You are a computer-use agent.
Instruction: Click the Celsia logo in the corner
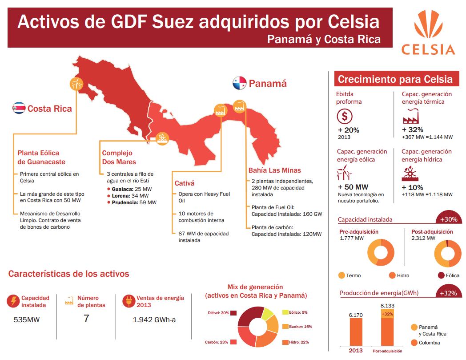click(x=428, y=33)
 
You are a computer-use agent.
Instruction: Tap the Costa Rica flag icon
click(x=19, y=108)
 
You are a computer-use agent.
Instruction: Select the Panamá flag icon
click(x=239, y=83)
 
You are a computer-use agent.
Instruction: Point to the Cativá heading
click(x=185, y=183)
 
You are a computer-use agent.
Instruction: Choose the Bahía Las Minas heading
click(x=274, y=170)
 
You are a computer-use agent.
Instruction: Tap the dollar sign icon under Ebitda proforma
click(x=345, y=117)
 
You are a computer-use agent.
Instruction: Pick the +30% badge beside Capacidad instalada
click(x=448, y=219)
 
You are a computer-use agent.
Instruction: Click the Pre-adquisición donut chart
click(x=381, y=252)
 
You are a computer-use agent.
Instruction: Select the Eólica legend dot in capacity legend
click(x=441, y=275)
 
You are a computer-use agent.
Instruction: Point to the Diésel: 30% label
click(x=218, y=313)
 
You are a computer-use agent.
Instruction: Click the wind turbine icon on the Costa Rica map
click(x=76, y=83)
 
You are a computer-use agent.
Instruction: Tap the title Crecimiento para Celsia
click(x=395, y=79)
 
